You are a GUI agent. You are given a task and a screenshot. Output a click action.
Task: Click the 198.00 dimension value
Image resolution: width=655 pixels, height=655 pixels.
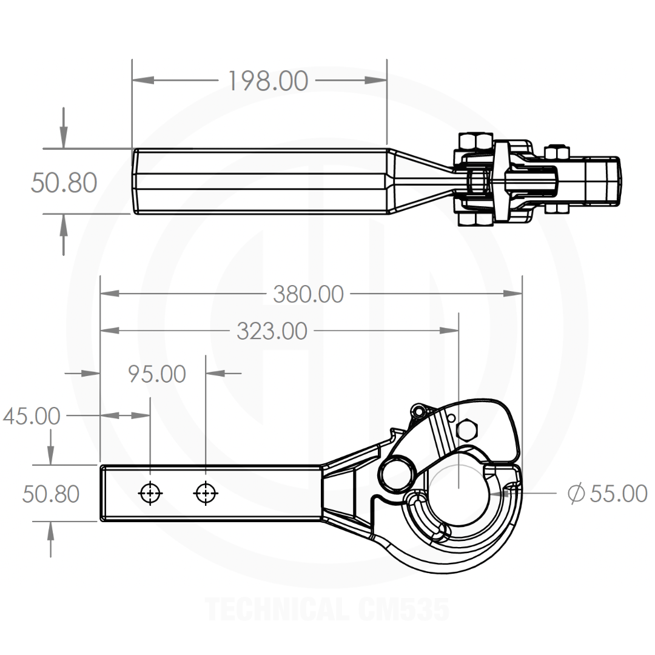[x=268, y=81]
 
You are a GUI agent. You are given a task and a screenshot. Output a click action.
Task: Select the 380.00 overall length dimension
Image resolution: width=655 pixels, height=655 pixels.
[x=308, y=294]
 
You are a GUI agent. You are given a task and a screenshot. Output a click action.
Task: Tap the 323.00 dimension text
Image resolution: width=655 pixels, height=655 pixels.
[x=272, y=331]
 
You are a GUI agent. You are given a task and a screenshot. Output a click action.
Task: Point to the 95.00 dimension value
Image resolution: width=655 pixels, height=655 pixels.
[x=156, y=374]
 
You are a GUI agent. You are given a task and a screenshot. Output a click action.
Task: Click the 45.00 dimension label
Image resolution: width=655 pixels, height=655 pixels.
[x=32, y=416]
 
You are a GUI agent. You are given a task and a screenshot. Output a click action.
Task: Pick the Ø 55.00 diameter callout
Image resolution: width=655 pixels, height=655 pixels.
[x=607, y=494]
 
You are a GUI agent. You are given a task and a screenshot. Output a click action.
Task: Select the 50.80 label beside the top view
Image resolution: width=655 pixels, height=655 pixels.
[x=64, y=183]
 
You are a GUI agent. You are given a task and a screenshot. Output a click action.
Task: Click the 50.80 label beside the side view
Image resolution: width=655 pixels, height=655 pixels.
[x=51, y=494]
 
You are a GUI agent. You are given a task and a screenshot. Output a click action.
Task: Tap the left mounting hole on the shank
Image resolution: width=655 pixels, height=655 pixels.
[x=150, y=493]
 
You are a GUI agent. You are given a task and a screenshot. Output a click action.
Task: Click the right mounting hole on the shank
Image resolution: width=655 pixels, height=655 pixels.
[x=206, y=493]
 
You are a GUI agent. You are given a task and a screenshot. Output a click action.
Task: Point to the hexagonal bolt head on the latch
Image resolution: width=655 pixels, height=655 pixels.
[x=467, y=429]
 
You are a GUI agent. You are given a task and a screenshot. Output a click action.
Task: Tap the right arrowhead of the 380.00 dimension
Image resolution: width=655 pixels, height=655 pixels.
[x=512, y=294]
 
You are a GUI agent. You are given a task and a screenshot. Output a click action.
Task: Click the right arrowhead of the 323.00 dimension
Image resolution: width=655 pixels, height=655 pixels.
[x=449, y=331]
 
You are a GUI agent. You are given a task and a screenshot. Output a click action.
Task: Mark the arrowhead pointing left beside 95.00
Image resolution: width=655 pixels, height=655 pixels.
[x=216, y=372]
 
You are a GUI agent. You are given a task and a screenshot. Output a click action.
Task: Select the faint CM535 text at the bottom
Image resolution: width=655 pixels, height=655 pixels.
[x=404, y=610]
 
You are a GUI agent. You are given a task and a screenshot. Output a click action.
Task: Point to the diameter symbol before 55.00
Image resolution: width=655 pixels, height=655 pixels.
[x=576, y=494]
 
